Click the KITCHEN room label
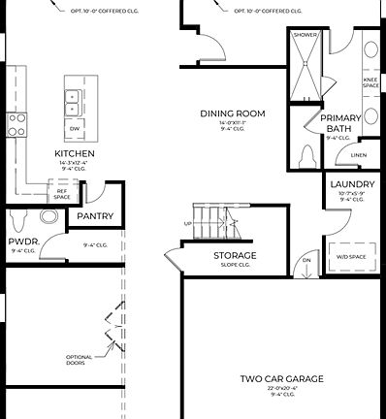tap(74, 154)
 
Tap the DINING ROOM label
tap(233, 113)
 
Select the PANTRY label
tap(95, 216)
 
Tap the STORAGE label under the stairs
tap(234, 255)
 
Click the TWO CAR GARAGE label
tap(282, 378)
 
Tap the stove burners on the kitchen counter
tap(17, 123)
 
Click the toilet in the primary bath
tap(307, 156)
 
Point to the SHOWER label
tap(306, 35)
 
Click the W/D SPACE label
tap(351, 256)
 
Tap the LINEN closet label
tap(359, 154)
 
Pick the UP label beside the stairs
tap(187, 223)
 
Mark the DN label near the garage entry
tap(306, 260)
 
